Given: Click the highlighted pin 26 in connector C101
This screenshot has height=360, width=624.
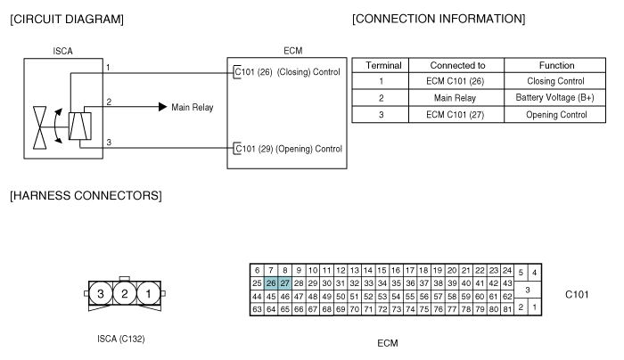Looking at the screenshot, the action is [271, 283].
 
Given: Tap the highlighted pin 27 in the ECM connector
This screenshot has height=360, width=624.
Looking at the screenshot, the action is [285, 283].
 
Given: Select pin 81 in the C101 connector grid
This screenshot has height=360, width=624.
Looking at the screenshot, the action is [507, 309].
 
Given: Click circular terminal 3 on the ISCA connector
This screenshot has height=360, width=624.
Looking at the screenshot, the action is [100, 293].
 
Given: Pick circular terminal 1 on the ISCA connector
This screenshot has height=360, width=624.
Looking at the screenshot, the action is [149, 293].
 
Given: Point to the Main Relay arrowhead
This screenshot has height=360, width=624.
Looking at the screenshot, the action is [163, 107].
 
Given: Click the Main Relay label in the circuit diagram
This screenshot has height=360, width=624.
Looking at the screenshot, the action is [193, 108].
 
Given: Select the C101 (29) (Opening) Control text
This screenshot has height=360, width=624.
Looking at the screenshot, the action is [289, 149].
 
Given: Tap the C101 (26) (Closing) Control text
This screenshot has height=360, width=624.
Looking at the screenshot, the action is [287, 72].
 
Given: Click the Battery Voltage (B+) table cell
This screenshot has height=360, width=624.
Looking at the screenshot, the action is [554, 97].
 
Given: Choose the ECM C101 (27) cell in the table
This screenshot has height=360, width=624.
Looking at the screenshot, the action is [456, 115].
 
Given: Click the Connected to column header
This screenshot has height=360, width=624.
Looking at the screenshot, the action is [456, 65].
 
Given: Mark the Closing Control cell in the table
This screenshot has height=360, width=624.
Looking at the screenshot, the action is [554, 81].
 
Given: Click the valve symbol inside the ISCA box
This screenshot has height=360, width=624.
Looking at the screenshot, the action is [40, 127].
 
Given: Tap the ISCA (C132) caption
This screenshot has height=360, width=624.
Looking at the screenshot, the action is [121, 339].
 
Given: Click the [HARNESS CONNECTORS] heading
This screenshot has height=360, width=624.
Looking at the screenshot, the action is [86, 196].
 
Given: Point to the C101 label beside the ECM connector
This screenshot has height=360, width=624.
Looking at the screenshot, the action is [577, 294].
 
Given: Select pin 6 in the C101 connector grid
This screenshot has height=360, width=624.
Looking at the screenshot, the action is [257, 271].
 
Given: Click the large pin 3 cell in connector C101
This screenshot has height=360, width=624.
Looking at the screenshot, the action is [528, 290].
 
